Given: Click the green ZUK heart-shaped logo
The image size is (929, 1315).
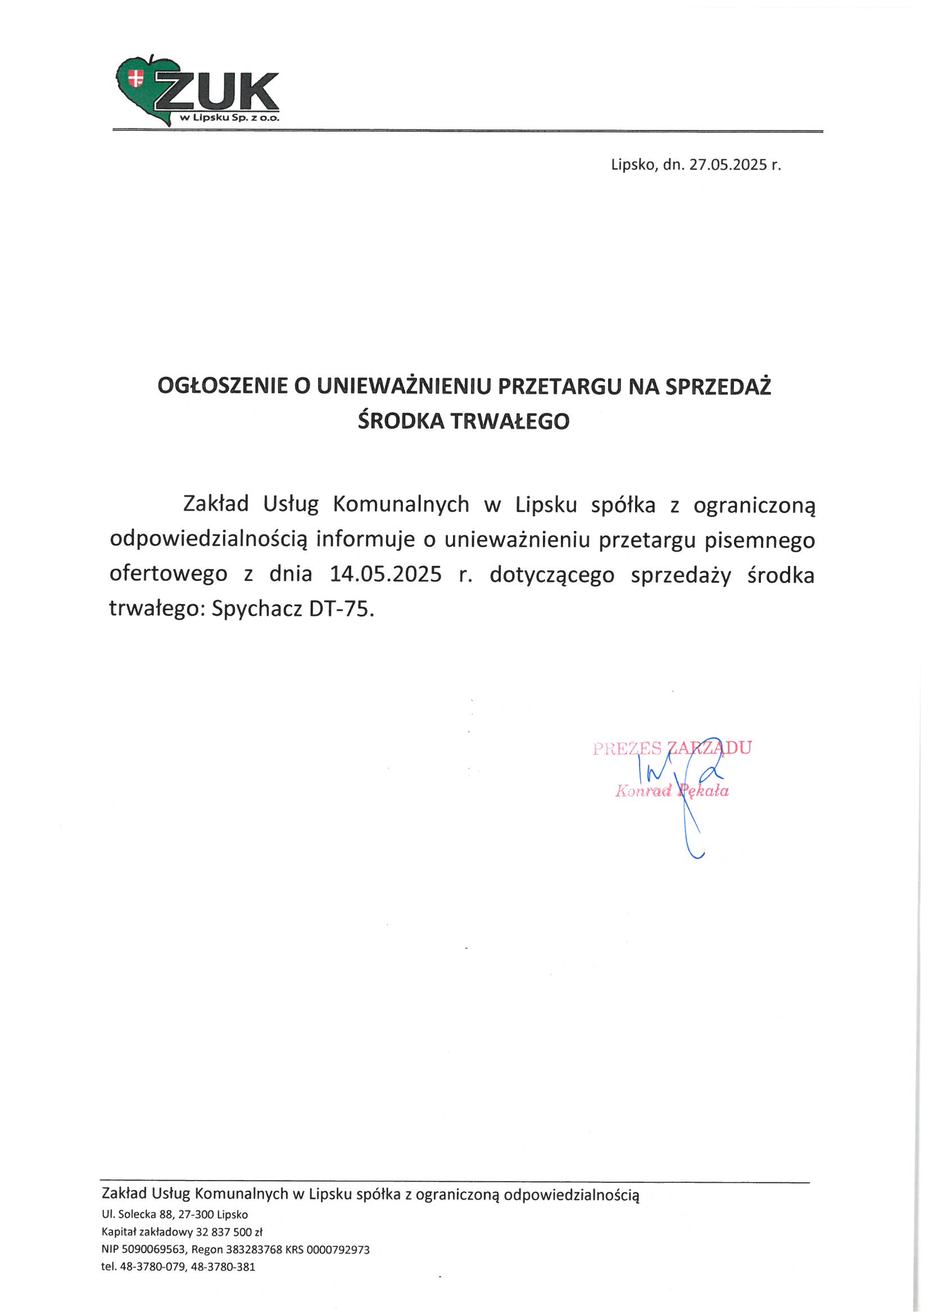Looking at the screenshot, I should [x=143, y=89].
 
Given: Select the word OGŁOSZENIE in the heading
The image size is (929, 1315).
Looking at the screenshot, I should [x=223, y=386].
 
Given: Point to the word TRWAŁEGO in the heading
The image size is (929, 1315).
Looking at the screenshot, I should [x=510, y=421].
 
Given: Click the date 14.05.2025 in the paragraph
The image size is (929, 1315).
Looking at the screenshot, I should [x=385, y=574].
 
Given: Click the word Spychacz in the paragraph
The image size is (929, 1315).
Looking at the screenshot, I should [x=257, y=608].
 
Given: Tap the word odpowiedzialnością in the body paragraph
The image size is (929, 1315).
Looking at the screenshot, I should [x=209, y=539].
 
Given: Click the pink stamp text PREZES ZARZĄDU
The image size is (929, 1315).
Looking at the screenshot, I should [x=672, y=748].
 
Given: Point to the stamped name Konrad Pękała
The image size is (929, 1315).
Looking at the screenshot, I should [x=672, y=791].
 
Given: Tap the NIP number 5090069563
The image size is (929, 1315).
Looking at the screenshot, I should [x=153, y=1249].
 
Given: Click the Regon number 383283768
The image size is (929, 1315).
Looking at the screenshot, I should [x=253, y=1249].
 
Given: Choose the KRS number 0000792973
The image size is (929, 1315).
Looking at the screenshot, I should [x=338, y=1249].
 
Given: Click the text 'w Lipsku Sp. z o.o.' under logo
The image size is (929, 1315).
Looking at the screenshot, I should [x=229, y=118].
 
